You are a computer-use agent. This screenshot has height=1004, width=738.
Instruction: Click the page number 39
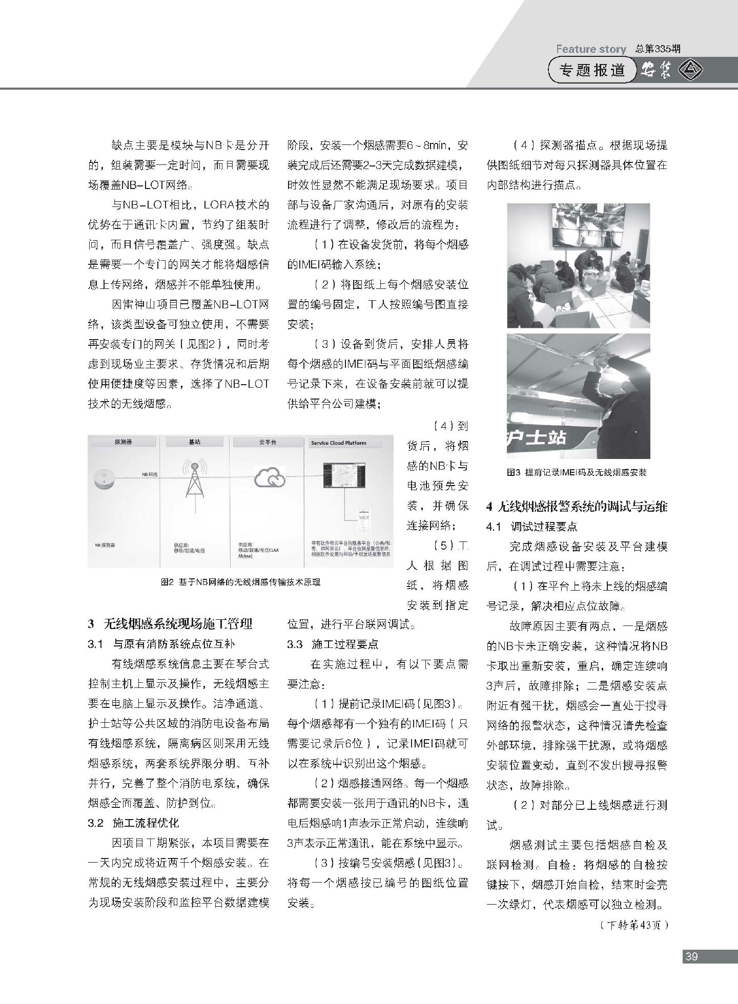point(691,956)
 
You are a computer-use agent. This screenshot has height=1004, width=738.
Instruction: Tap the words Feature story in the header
point(591,49)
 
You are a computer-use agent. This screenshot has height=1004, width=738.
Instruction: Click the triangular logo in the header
point(691,70)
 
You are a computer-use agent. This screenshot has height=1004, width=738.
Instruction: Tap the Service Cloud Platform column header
point(338,443)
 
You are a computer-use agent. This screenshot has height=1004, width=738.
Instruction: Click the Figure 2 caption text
point(240,582)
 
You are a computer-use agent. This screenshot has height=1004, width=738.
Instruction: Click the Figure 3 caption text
point(577,472)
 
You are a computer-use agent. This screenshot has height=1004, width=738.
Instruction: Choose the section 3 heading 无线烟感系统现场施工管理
point(170,624)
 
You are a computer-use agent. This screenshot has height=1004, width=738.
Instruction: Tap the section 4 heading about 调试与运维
point(577,507)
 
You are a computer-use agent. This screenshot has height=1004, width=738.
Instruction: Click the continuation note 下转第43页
point(633,926)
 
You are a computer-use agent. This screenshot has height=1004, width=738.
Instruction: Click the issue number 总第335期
point(658,49)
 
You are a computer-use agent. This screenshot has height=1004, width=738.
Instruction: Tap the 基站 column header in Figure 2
point(194,442)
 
